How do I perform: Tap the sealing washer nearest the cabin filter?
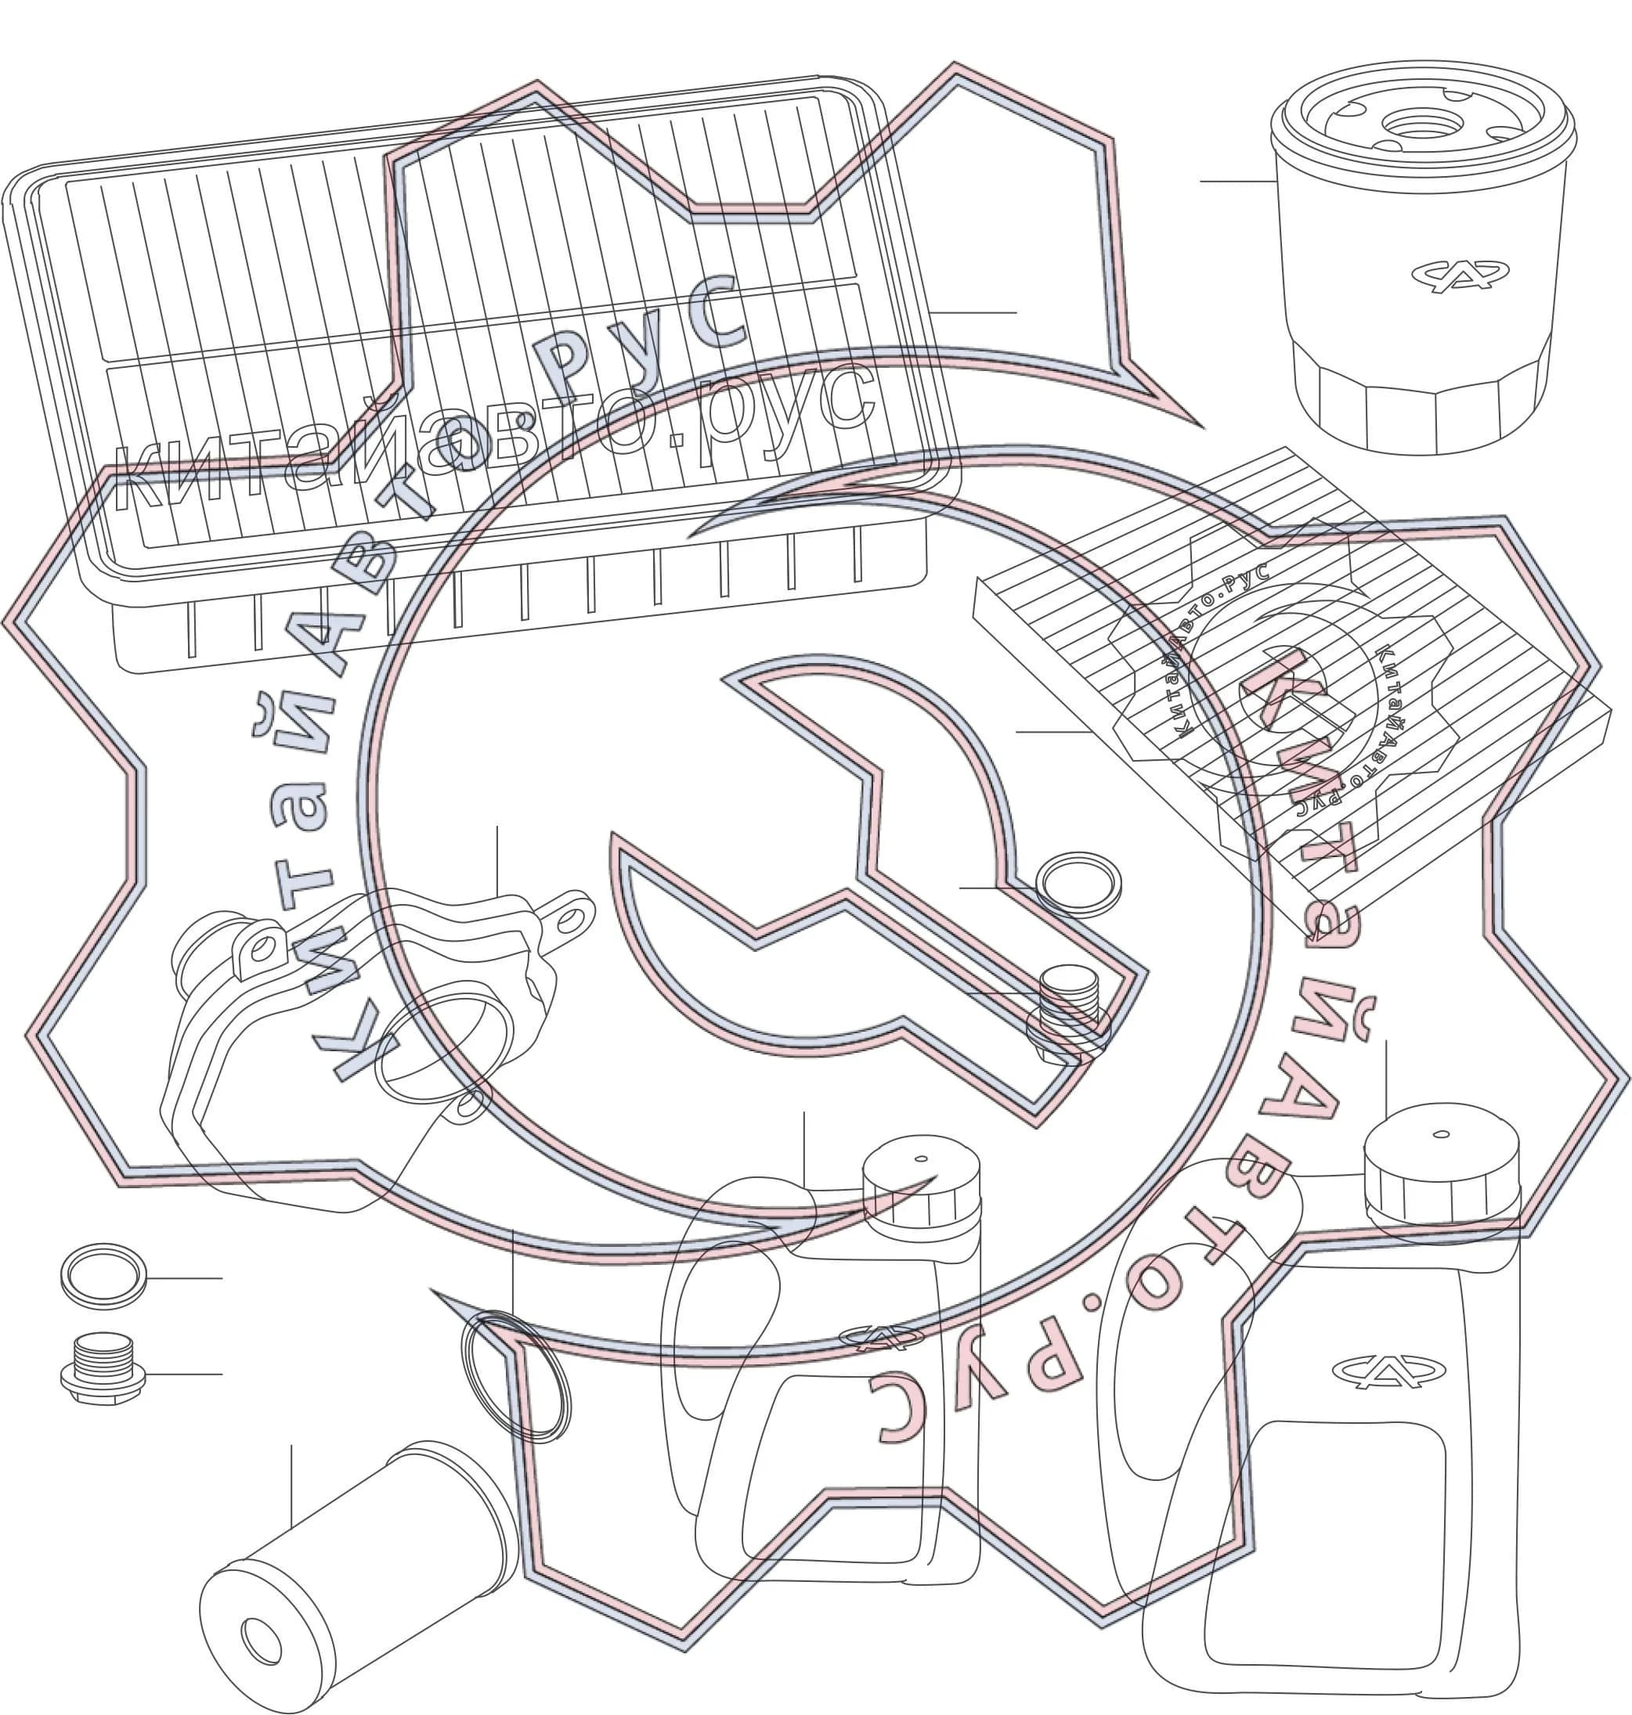(x=1078, y=884)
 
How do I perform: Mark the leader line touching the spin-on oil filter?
(x=1239, y=181)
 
